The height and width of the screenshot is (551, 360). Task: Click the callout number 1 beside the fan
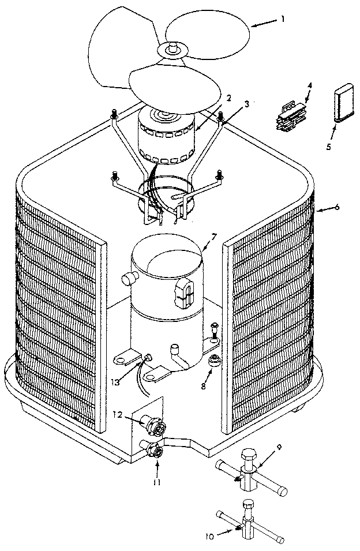[x=283, y=18]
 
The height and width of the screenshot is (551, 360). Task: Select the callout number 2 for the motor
[x=228, y=99]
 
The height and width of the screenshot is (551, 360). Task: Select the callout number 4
[x=309, y=85]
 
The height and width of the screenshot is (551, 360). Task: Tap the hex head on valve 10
[x=248, y=503]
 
